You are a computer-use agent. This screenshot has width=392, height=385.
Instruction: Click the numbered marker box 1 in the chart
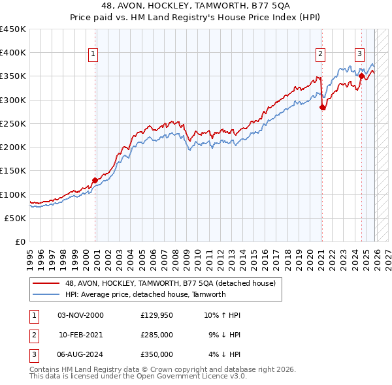click(x=93, y=54)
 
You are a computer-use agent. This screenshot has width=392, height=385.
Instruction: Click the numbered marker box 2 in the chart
click(x=321, y=54)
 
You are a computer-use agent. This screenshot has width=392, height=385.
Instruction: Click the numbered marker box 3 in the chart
click(x=360, y=54)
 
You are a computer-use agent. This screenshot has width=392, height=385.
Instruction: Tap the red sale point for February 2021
click(x=323, y=108)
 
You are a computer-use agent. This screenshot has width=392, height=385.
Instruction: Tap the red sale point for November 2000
click(x=95, y=180)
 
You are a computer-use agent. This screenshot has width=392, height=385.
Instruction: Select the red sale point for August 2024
click(x=361, y=76)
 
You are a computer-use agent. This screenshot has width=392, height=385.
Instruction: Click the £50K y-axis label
click(x=15, y=218)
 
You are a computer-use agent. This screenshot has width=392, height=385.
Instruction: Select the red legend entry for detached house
click(x=171, y=283)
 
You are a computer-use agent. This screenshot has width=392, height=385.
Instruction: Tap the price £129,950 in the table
click(x=156, y=315)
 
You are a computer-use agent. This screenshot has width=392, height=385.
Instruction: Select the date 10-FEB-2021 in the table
click(x=80, y=335)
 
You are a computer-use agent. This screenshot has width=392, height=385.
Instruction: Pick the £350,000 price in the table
click(x=156, y=354)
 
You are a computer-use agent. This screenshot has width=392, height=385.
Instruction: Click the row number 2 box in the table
click(x=33, y=335)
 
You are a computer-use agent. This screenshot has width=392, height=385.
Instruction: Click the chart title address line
click(x=196, y=6)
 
